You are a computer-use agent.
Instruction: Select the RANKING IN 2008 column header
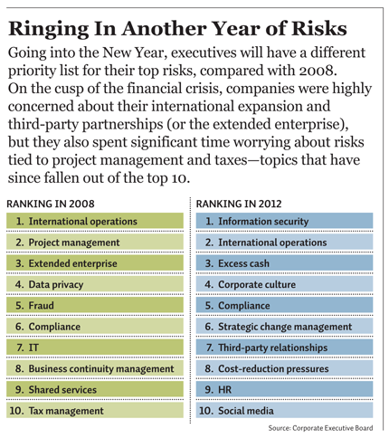coord(51,204)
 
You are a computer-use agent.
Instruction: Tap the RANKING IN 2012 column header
coord(239,204)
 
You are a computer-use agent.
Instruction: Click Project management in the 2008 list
coord(74,243)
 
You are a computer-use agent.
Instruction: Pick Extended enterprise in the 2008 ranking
coord(72,263)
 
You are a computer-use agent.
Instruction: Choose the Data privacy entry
coord(56,285)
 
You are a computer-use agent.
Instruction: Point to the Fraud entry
coord(41,306)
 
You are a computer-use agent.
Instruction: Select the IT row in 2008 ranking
coord(33,348)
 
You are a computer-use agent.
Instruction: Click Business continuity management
coord(101,369)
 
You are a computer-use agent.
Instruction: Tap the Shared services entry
coord(62,390)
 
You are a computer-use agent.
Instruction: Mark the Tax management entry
coord(66,411)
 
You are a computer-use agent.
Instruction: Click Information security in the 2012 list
coord(263,222)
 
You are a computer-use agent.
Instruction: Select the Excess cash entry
coord(243,263)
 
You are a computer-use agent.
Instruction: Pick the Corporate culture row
coord(257,284)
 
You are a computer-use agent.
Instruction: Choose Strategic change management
coord(285,327)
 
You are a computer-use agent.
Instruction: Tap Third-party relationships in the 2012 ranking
coord(273,348)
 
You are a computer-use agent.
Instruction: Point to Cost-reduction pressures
coord(273,369)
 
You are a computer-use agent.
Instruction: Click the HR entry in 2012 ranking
coord(224,390)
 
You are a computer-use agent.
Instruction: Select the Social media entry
coord(246,411)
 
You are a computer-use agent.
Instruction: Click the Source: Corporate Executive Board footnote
coord(320,428)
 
